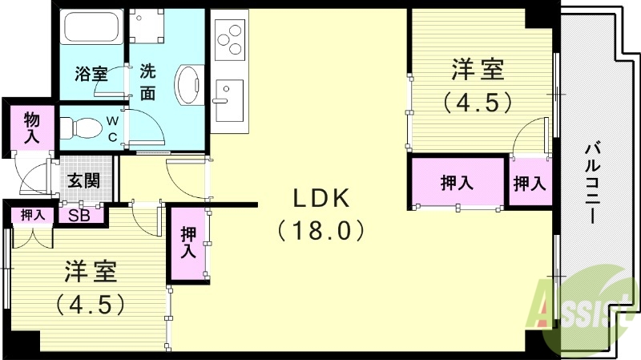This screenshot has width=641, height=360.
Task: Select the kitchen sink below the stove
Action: tap(229, 100)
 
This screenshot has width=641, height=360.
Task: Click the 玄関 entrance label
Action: tap(83, 180)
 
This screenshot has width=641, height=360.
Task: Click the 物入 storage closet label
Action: tap(31, 127)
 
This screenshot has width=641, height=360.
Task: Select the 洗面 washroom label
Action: tap(147, 81)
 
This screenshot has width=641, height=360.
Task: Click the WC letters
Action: tap(113, 128)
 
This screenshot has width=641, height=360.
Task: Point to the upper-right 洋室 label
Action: tap(478, 71)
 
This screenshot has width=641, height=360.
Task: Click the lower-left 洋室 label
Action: tap(91, 272)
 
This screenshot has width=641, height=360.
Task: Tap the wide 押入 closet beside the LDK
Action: tap(457, 183)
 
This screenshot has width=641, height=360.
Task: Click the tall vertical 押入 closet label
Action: tap(188, 242)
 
